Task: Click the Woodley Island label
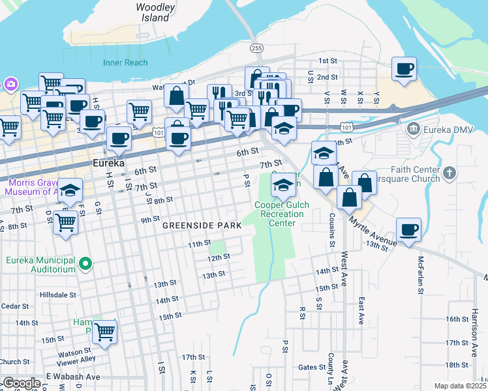point(156,12)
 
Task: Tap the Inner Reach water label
point(125,63)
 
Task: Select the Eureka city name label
point(108,163)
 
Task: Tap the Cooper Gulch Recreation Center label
point(282,214)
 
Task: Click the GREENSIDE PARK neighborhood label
point(202,225)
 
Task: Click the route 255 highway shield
point(257,48)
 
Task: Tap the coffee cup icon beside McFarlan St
point(408,229)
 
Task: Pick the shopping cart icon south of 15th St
point(104,332)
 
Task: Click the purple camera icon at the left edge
point(10,84)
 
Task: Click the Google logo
point(22,383)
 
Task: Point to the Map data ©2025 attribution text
point(460,386)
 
